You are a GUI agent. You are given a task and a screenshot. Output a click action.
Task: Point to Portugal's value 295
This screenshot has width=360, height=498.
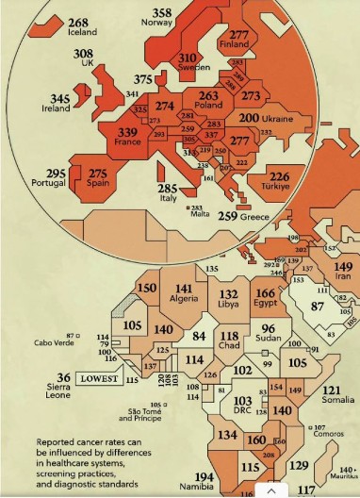[56, 178]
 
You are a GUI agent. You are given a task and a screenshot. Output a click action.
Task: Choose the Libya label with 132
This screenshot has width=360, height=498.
[229, 299]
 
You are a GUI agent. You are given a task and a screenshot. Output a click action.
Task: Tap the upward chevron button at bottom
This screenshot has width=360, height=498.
[271, 490]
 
